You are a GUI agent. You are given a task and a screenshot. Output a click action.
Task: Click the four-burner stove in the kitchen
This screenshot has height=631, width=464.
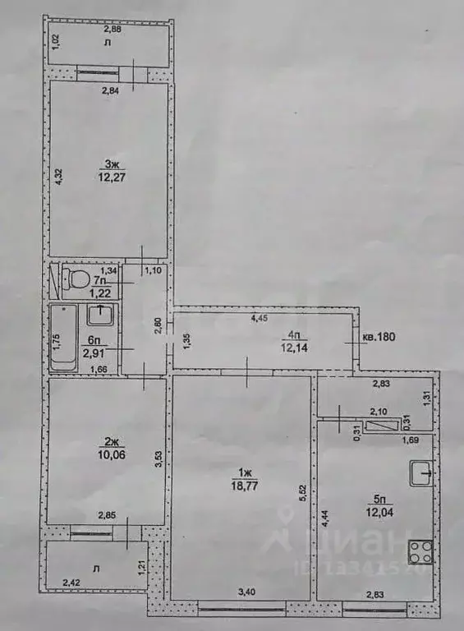(x=420, y=548)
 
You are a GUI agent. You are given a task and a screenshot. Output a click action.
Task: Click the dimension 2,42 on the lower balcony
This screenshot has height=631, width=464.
(x=74, y=583)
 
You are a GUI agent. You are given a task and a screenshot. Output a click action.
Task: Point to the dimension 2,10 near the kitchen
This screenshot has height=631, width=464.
(x=379, y=412)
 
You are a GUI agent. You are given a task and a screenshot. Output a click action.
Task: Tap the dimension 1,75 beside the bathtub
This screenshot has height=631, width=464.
(x=57, y=339)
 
